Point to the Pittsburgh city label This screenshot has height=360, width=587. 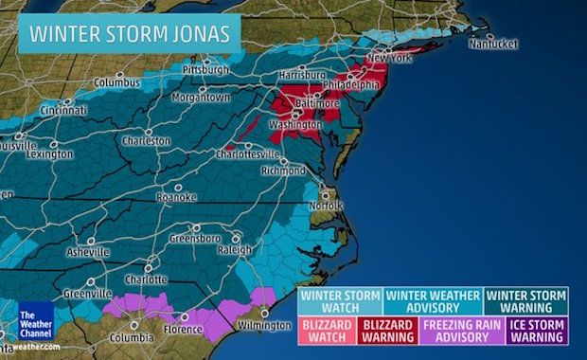[205, 70]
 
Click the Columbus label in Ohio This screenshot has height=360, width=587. [116, 82]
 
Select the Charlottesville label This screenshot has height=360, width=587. [249, 153]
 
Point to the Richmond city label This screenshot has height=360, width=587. [283, 171]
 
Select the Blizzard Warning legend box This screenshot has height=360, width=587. [384, 330]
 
